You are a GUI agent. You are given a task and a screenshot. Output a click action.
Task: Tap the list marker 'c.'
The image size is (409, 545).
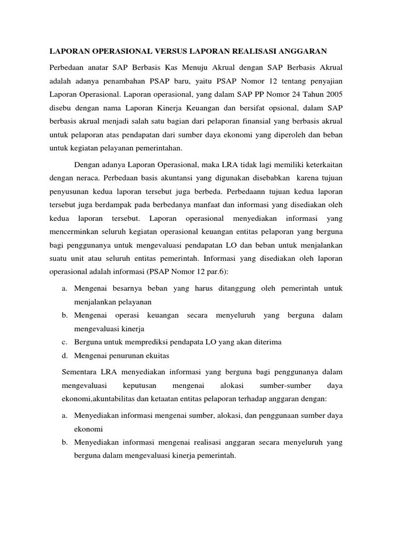tap(64, 341)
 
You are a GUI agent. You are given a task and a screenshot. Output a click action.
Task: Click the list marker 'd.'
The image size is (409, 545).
tap(64, 355)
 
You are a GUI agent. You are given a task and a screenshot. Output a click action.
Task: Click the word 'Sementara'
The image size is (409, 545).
tap(80, 371)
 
